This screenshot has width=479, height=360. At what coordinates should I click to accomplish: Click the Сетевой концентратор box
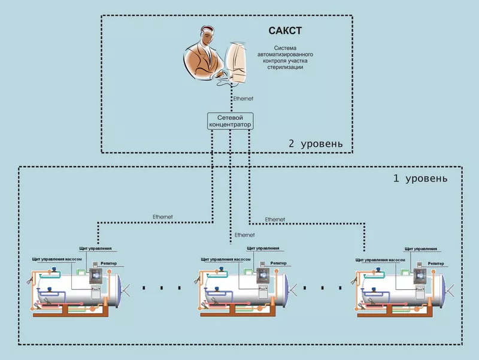(229, 121)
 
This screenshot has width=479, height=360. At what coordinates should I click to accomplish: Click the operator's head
(205, 37)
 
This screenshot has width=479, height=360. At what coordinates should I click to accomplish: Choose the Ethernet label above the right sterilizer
(275, 219)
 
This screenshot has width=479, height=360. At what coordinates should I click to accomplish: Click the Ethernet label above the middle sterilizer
(244, 235)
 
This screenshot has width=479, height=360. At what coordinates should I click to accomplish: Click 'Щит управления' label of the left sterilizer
(95, 247)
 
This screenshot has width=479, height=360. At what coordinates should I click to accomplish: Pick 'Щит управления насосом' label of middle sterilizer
(225, 259)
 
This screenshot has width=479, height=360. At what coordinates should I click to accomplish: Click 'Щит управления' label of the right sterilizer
(421, 247)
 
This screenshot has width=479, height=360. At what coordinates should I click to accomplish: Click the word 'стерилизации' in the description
(285, 68)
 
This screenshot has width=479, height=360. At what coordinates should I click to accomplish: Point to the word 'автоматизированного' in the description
(285, 55)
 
